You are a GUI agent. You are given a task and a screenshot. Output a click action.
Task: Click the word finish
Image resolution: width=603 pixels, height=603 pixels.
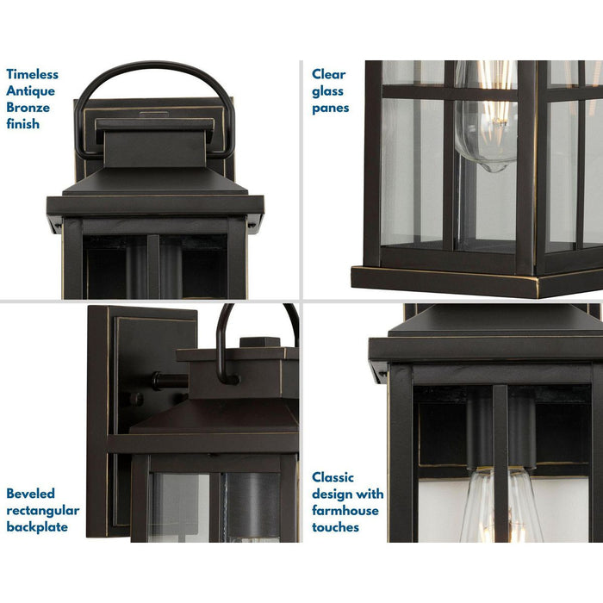tap(23, 123)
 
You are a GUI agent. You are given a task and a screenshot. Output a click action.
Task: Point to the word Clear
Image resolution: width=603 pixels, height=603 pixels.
tap(329, 74)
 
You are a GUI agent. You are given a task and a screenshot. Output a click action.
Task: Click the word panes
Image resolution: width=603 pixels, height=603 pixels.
tap(331, 108)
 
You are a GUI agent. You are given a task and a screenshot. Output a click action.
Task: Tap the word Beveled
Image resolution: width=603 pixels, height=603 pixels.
tap(31, 494)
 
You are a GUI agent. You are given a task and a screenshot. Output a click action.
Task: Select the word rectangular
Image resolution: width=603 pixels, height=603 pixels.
tap(43, 510)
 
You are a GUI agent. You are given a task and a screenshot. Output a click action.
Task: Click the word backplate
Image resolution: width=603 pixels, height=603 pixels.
tap(37, 526)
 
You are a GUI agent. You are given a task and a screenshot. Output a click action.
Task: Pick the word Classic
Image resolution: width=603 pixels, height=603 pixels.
tap(333, 477)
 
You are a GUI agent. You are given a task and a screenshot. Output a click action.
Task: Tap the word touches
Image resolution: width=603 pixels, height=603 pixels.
tap(336, 526)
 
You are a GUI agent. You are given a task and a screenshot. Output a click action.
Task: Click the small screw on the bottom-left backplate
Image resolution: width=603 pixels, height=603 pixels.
tap(136, 399)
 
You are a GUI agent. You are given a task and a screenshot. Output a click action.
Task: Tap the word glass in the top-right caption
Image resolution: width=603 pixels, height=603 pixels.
tap(328, 90)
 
